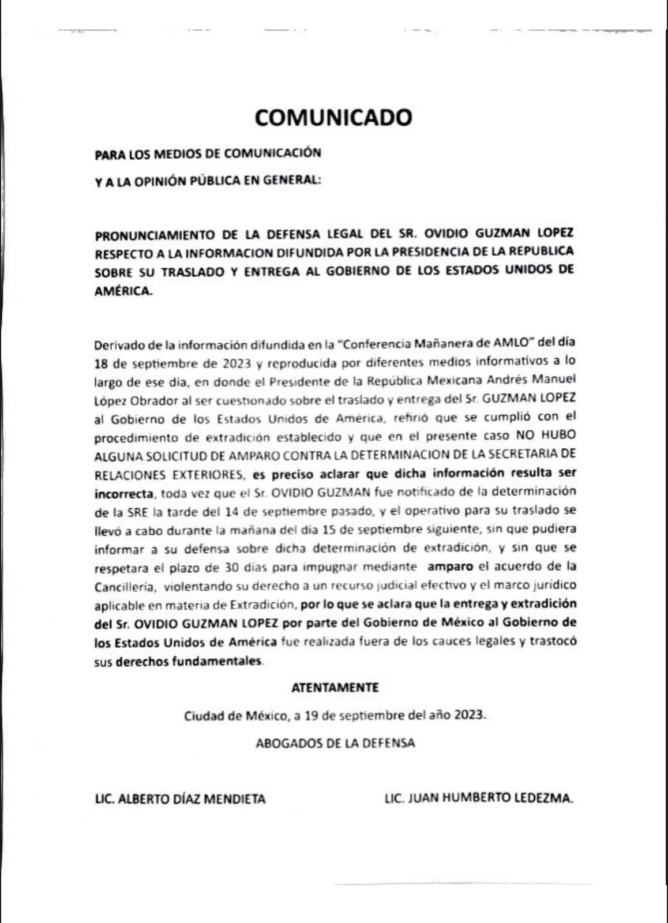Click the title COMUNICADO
(x=333, y=117)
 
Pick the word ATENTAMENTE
(x=335, y=688)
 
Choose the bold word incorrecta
(x=124, y=493)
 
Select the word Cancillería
(x=124, y=586)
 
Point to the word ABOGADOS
(x=288, y=743)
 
